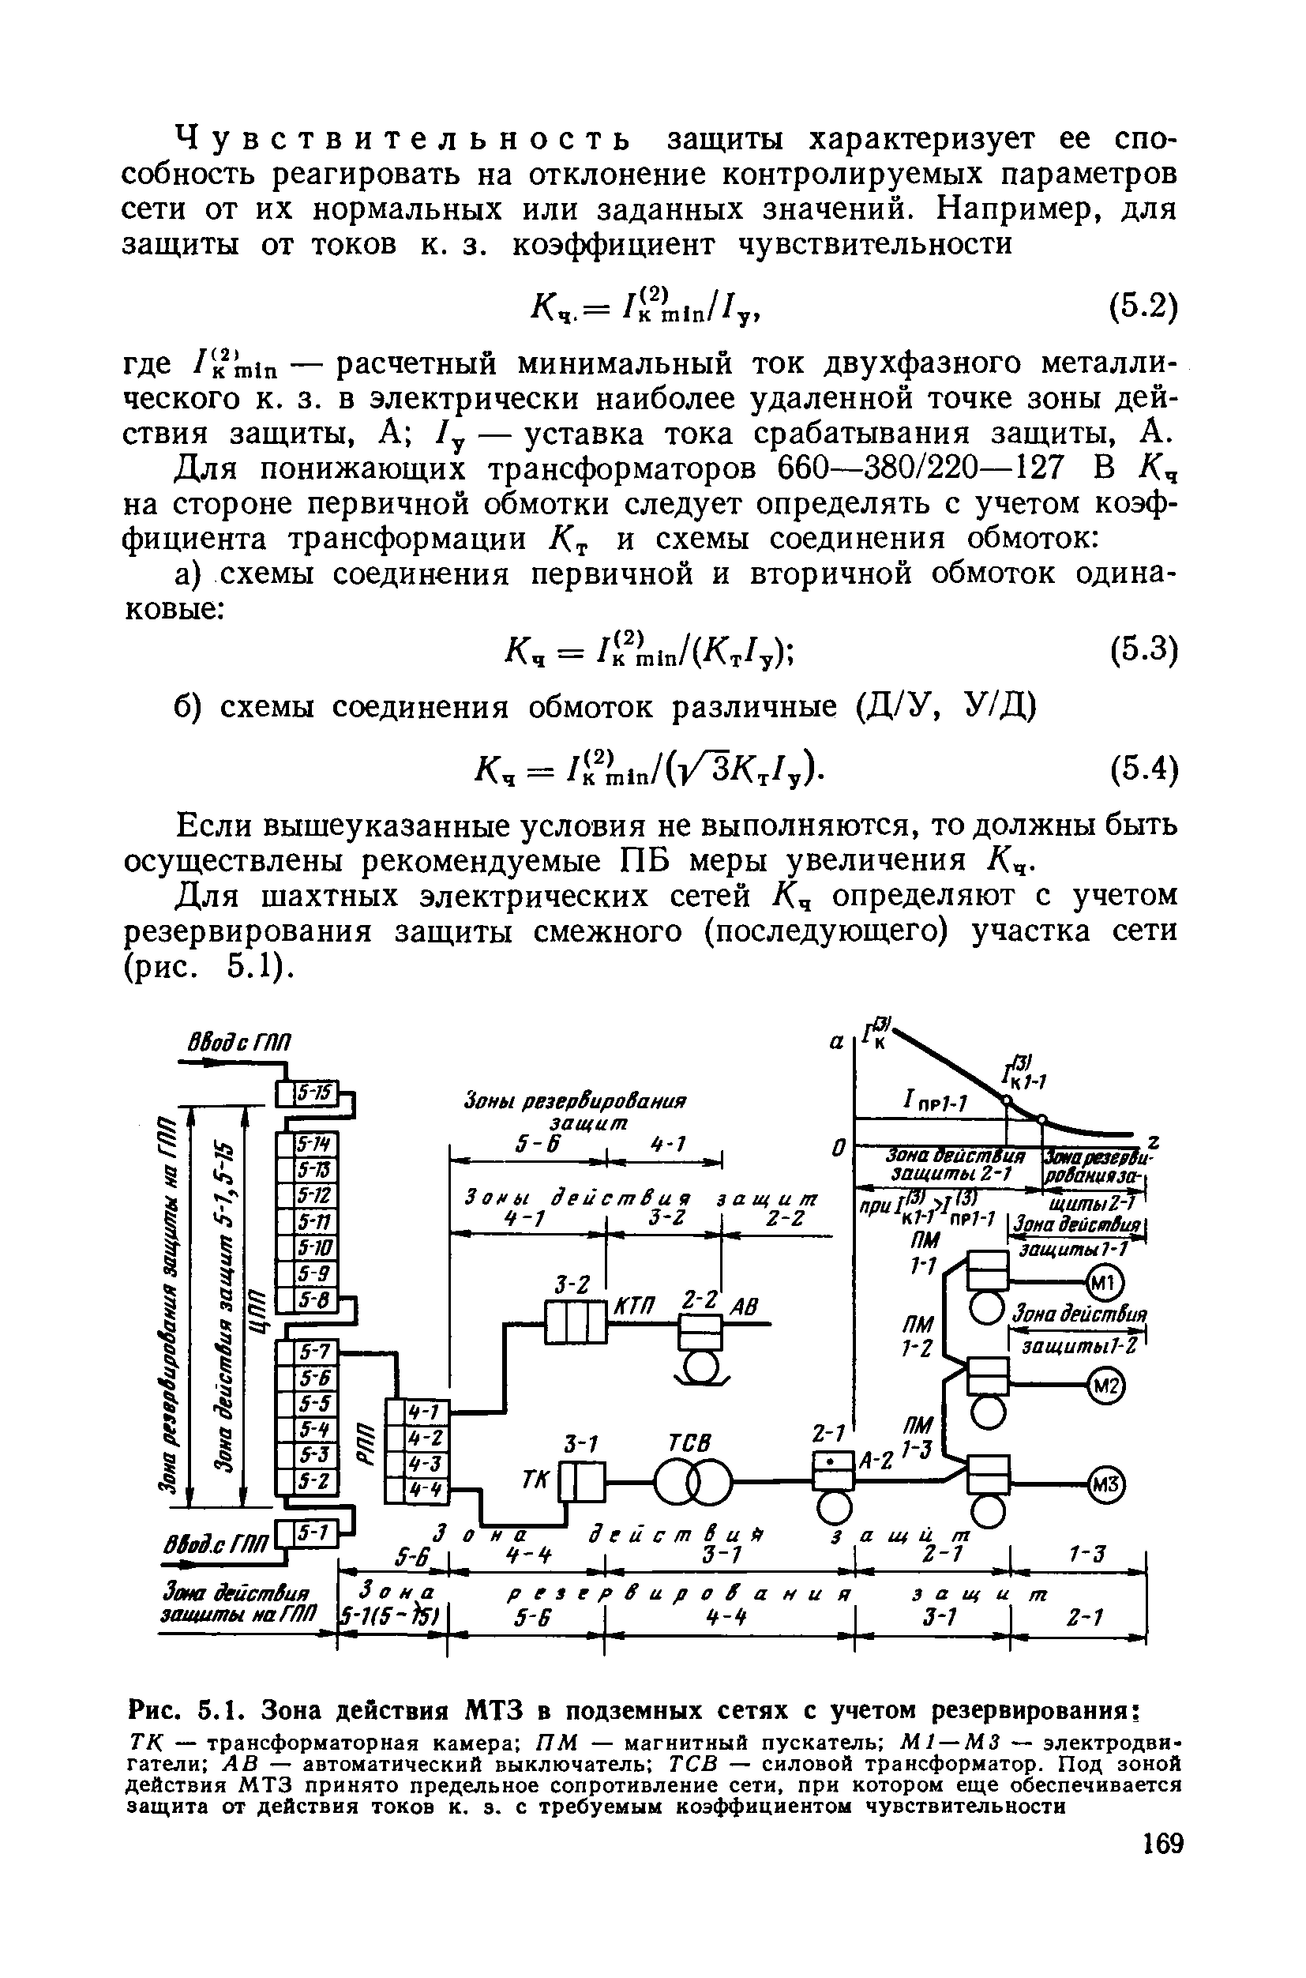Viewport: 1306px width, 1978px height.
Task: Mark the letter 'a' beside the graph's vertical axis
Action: click(x=836, y=1043)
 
